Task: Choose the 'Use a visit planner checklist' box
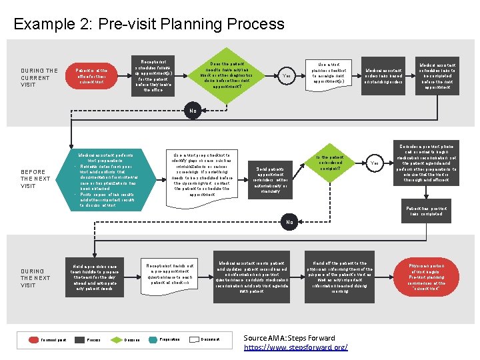coord(330,76)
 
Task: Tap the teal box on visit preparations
coord(103,178)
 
